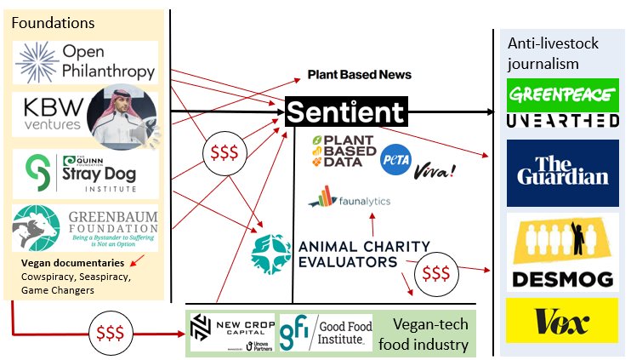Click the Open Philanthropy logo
pos(85,62)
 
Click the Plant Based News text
pos(359,75)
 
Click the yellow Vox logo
pos(561,320)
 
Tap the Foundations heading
pos(53,22)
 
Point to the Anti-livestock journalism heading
pos(549,53)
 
